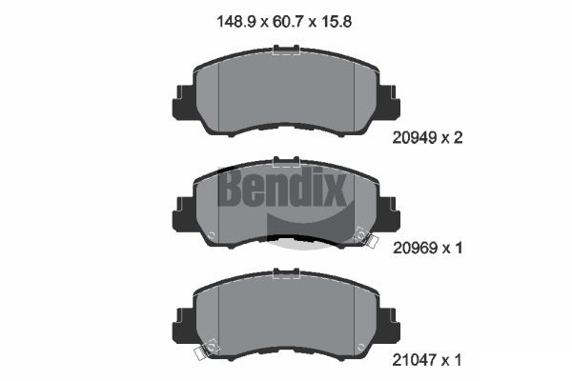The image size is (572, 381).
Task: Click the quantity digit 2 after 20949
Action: pyautogui.click(x=458, y=137)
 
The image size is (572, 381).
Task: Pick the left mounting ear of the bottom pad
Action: pyautogui.click(x=181, y=325)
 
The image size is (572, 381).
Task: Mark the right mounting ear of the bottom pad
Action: pyautogui.click(x=389, y=325)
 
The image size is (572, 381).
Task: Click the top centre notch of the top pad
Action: pyautogui.click(x=285, y=53)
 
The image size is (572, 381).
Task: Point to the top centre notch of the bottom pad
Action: pyautogui.click(x=285, y=274)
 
